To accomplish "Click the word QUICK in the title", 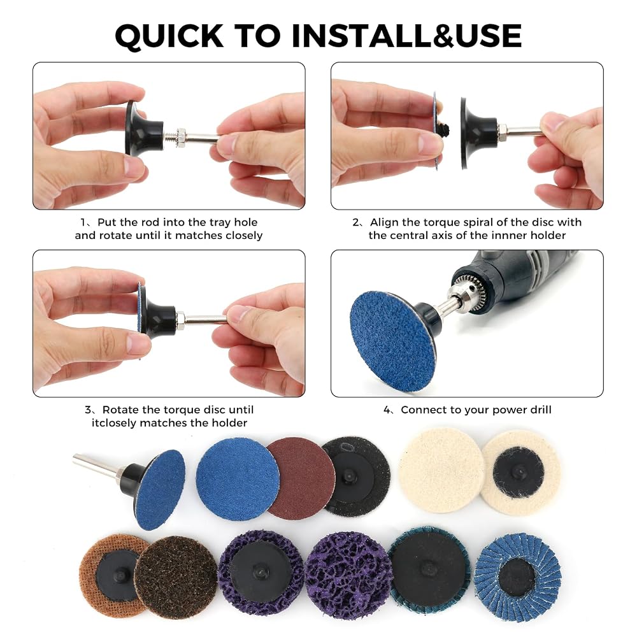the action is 169,36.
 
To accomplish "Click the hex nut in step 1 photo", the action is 181,138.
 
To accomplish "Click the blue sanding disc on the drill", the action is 392,341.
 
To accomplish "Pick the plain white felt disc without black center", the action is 441,471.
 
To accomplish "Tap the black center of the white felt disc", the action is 518,471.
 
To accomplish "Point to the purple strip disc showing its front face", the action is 347,575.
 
